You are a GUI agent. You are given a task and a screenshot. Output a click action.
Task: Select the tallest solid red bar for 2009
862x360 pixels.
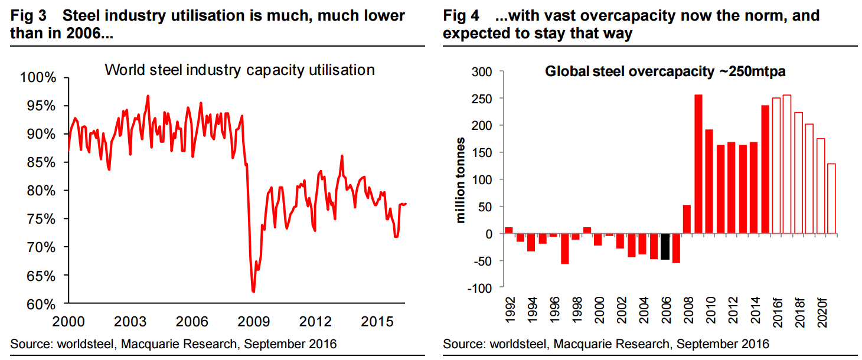698,164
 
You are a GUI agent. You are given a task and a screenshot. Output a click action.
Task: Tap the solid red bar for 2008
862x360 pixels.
687,219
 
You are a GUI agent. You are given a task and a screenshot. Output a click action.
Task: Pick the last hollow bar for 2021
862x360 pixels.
831,199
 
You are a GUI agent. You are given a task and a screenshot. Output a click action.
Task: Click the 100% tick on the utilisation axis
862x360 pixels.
39,78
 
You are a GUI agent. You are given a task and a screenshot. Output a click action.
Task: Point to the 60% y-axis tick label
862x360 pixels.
39,304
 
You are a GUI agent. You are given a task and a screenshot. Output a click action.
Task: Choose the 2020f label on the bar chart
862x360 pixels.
821,307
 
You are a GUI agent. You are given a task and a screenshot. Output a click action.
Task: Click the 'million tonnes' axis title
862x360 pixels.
460,180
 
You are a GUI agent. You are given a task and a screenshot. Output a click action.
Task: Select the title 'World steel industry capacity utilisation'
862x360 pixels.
240,70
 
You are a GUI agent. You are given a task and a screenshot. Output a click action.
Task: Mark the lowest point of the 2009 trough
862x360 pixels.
253,292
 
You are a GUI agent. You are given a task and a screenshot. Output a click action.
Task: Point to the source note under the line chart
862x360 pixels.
173,343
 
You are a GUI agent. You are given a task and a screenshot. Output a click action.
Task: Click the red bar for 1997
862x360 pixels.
565,248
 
